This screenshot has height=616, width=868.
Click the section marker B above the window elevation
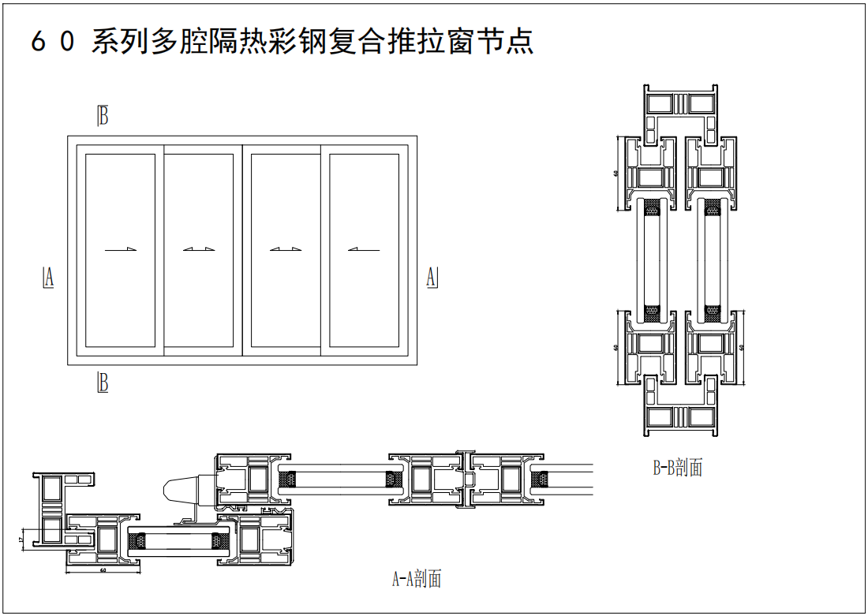pos(103,115)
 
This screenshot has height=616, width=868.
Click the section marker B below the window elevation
pos(103,383)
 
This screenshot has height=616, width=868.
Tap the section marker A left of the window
pos(48,277)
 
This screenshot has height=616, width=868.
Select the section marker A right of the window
pos(432,277)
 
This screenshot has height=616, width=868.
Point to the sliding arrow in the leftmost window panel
pos(121,250)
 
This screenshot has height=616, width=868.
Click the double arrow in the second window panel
pos(199,250)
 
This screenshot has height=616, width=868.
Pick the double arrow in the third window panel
pos(285,250)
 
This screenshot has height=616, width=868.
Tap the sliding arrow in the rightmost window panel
pos(363,250)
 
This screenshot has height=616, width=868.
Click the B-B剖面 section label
pos(677,468)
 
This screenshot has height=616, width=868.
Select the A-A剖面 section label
pos(417,579)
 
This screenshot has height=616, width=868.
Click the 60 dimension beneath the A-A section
pos(103,569)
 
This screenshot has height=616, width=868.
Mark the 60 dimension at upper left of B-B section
pos(615,174)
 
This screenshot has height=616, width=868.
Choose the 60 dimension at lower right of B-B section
pos(743,347)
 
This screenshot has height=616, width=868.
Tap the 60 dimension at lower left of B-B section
pos(615,347)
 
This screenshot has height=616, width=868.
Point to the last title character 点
pos(519,41)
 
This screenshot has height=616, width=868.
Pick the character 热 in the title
pos(253,41)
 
